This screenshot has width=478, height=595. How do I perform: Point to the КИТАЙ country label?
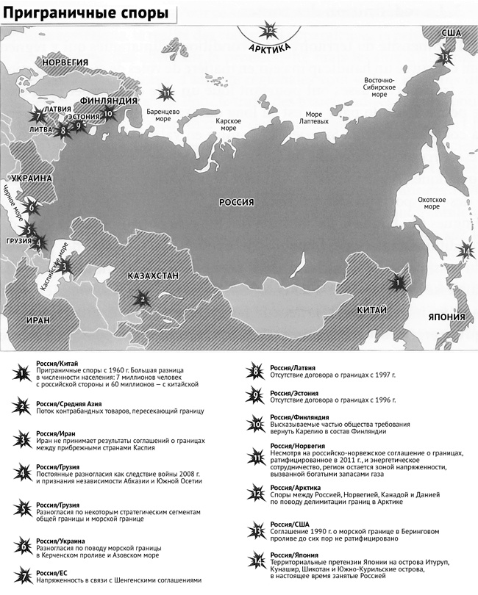[371, 311]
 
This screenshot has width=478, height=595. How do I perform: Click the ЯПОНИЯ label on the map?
[446, 317]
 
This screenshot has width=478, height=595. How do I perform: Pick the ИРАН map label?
[38, 321]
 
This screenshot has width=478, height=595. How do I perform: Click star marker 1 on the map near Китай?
[397, 281]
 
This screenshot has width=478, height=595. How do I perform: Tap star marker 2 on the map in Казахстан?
[140, 297]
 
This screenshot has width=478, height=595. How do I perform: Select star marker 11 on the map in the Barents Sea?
[167, 93]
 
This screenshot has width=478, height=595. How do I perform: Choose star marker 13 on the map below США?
[446, 57]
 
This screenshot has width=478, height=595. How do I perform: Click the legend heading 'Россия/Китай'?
[57, 364]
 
